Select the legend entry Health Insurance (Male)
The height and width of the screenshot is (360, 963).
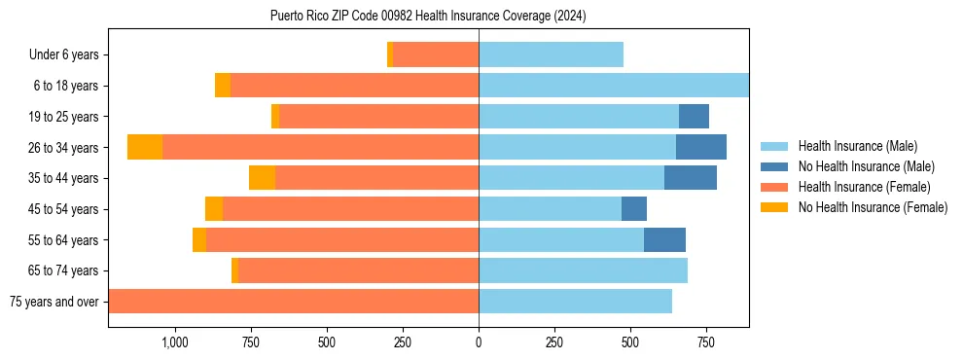coord(857,146)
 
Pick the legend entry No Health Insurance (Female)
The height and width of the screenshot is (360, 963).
coord(873,207)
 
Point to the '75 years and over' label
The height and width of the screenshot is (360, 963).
coord(54,302)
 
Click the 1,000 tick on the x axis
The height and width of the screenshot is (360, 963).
coord(174,342)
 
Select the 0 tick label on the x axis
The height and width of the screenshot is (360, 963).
coord(479,342)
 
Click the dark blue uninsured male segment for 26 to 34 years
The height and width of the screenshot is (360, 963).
coord(701,147)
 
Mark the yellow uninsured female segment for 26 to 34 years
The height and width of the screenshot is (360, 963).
coord(145,147)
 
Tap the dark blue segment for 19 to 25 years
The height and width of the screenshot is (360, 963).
coord(694,117)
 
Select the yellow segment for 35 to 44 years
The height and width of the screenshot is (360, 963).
coord(262,178)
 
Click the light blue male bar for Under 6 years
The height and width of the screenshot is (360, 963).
coord(551,54)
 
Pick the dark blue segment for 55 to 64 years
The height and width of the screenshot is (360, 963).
coord(664,239)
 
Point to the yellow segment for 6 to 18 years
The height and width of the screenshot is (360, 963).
coord(223,86)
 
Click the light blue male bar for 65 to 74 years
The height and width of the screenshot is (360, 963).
coord(583,270)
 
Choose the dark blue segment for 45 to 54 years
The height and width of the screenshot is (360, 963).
coord(634,208)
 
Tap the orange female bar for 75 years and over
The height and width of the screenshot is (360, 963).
coord(293,302)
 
